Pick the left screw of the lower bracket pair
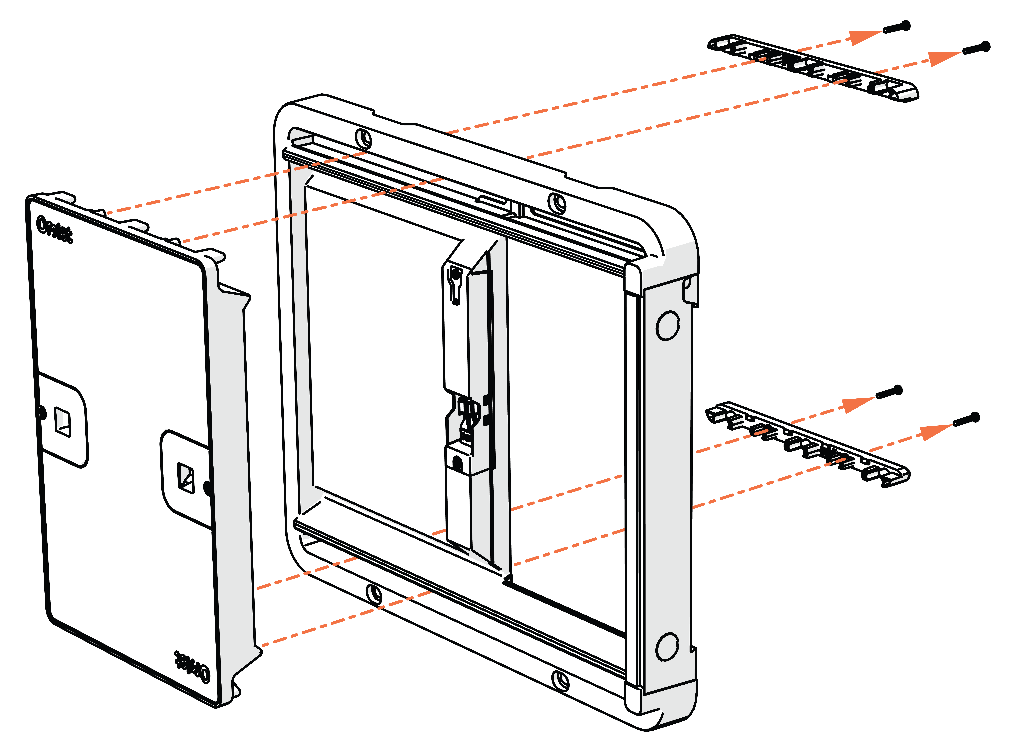(889, 392)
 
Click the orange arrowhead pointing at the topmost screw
(865, 36)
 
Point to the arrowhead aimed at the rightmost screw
(944, 58)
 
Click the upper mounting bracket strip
(812, 68)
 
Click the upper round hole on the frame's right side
(668, 325)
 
